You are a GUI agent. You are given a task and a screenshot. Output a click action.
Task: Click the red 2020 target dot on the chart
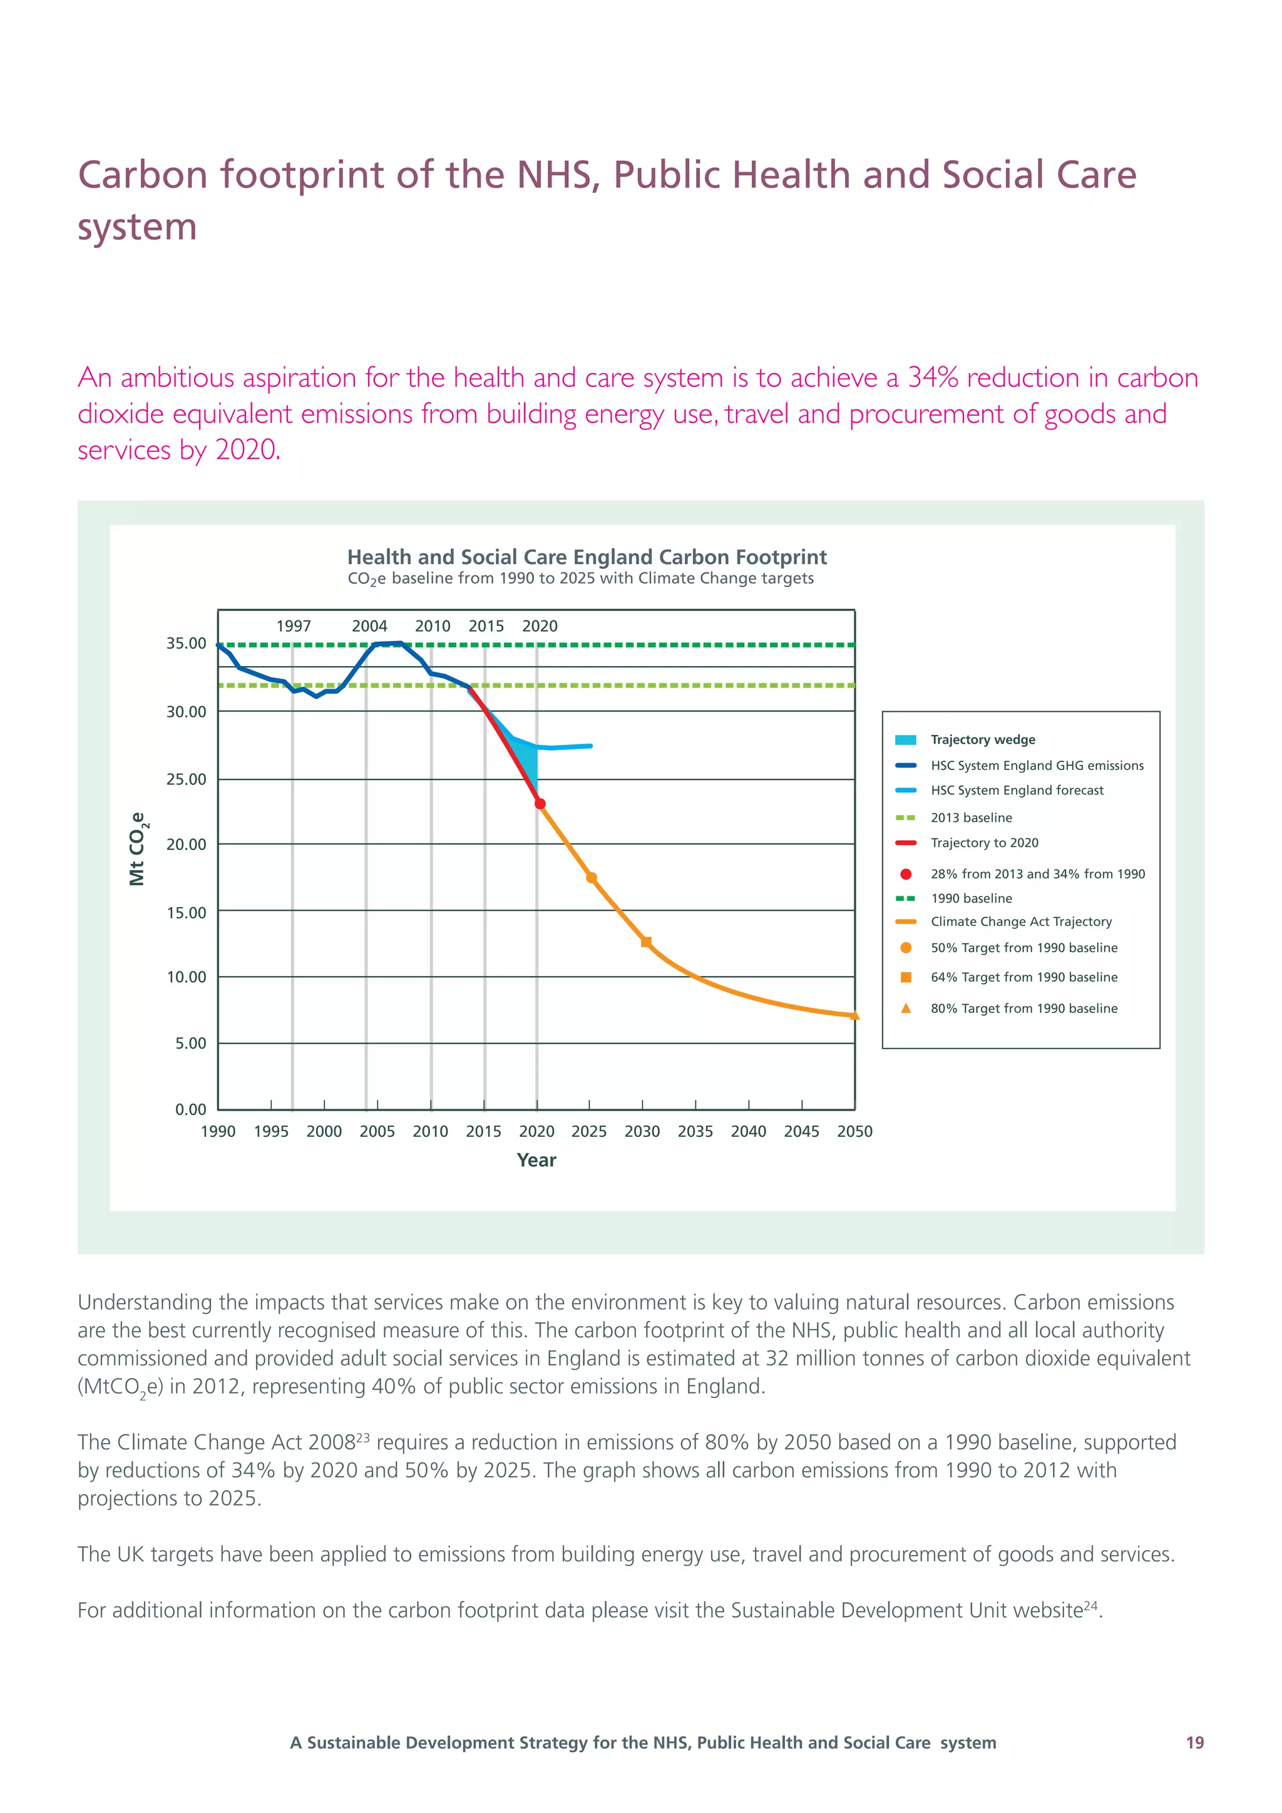point(540,804)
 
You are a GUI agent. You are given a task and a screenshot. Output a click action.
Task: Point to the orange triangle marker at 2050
point(854,1015)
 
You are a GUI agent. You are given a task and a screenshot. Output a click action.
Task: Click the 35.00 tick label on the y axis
point(187,644)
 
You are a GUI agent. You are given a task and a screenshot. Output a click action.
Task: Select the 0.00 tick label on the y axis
point(191,1109)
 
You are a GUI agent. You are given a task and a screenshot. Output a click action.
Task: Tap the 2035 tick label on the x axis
point(695,1131)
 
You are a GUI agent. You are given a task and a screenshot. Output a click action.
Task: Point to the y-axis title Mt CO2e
point(137,849)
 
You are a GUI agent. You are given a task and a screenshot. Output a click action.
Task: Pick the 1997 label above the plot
point(294,626)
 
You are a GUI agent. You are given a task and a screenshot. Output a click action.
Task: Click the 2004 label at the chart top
point(369,626)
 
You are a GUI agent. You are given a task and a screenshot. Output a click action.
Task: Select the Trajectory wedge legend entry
point(982,740)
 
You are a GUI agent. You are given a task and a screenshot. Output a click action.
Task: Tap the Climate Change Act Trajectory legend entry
point(1021,922)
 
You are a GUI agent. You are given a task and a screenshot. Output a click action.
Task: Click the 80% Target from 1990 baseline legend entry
point(1024,1009)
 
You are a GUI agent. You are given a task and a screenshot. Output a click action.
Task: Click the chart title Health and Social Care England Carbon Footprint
point(587,557)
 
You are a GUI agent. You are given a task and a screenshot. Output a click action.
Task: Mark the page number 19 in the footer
point(1194,1743)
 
